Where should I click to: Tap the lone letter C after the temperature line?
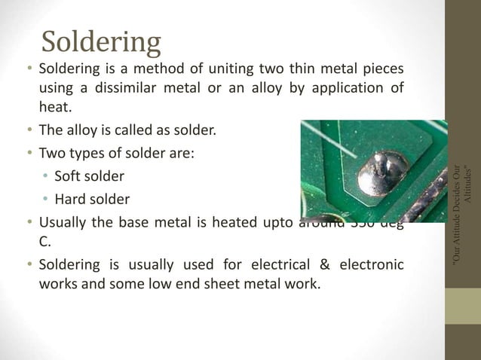[44, 243]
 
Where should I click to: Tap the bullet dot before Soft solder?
[45, 177]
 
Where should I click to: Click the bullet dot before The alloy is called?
[28, 130]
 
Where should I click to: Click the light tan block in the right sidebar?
[462, 306]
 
